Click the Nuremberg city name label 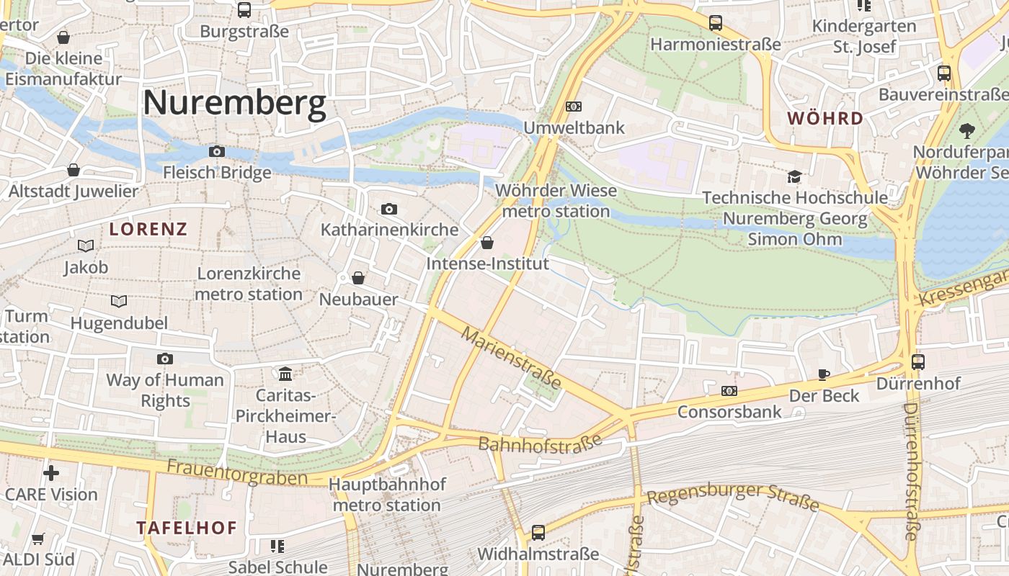click(234, 103)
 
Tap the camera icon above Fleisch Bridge click(216, 151)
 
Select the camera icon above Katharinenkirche click(389, 209)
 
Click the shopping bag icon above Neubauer click(358, 278)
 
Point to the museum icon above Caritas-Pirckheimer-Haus click(285, 374)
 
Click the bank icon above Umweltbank click(574, 107)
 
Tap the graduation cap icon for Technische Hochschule click(794, 176)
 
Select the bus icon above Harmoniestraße click(715, 23)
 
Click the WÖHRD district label click(825, 118)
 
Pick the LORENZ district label click(148, 230)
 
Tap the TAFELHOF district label click(187, 528)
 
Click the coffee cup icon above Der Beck click(824, 374)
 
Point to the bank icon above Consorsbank click(729, 391)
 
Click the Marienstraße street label click(511, 358)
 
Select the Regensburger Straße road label click(732, 497)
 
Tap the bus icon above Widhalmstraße click(538, 533)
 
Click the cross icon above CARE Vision click(51, 473)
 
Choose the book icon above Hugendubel click(119, 301)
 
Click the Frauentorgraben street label click(237, 472)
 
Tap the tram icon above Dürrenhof click(918, 362)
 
